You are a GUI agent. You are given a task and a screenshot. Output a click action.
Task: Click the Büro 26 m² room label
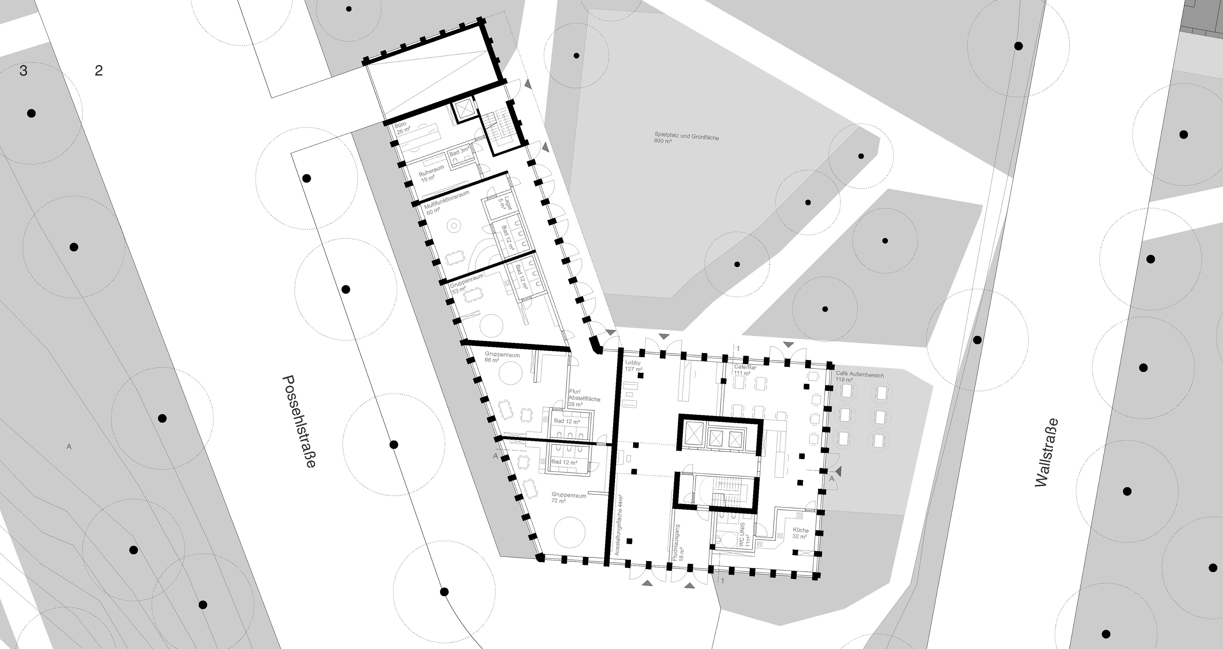click(402, 128)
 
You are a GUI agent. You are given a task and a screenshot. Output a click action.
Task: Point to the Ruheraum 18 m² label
click(431, 174)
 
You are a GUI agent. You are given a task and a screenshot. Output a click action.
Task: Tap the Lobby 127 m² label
click(634, 365)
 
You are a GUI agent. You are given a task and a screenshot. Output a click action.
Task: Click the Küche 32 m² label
click(800, 533)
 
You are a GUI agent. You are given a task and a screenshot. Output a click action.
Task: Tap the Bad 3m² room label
click(459, 152)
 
